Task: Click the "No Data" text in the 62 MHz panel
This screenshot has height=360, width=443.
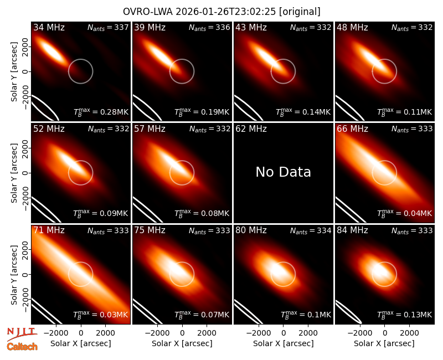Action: pos(283,172)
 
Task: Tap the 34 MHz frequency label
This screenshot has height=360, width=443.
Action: pos(49,27)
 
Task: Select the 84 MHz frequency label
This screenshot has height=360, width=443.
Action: pos(352,230)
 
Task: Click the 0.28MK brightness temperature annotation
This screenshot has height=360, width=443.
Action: pos(101,112)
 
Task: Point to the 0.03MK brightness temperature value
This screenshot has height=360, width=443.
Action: pos(101,315)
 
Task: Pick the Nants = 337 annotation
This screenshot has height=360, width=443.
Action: pos(108,27)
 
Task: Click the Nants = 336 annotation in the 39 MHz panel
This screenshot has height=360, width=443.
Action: pos(209,27)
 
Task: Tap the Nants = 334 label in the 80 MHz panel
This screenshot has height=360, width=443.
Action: pos(311,230)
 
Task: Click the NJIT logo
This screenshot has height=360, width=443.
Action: pos(22,334)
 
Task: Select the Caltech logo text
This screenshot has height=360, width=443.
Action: pos(22,347)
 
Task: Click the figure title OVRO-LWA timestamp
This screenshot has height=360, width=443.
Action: pos(221,12)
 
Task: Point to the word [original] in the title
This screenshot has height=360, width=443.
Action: pos(300,12)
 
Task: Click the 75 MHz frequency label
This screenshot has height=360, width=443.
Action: pos(150,230)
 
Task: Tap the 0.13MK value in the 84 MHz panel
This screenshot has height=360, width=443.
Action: pos(405,315)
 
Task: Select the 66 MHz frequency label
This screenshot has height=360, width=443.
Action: pos(352,129)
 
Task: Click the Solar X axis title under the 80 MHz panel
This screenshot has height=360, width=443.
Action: pos(283,343)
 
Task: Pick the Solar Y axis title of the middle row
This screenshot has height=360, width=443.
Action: pos(14,173)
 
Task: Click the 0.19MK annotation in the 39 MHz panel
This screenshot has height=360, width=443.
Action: pos(202,112)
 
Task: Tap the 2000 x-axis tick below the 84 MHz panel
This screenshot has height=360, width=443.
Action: pos(409,333)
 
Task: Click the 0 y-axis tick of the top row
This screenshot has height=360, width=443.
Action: pos(26,71)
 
